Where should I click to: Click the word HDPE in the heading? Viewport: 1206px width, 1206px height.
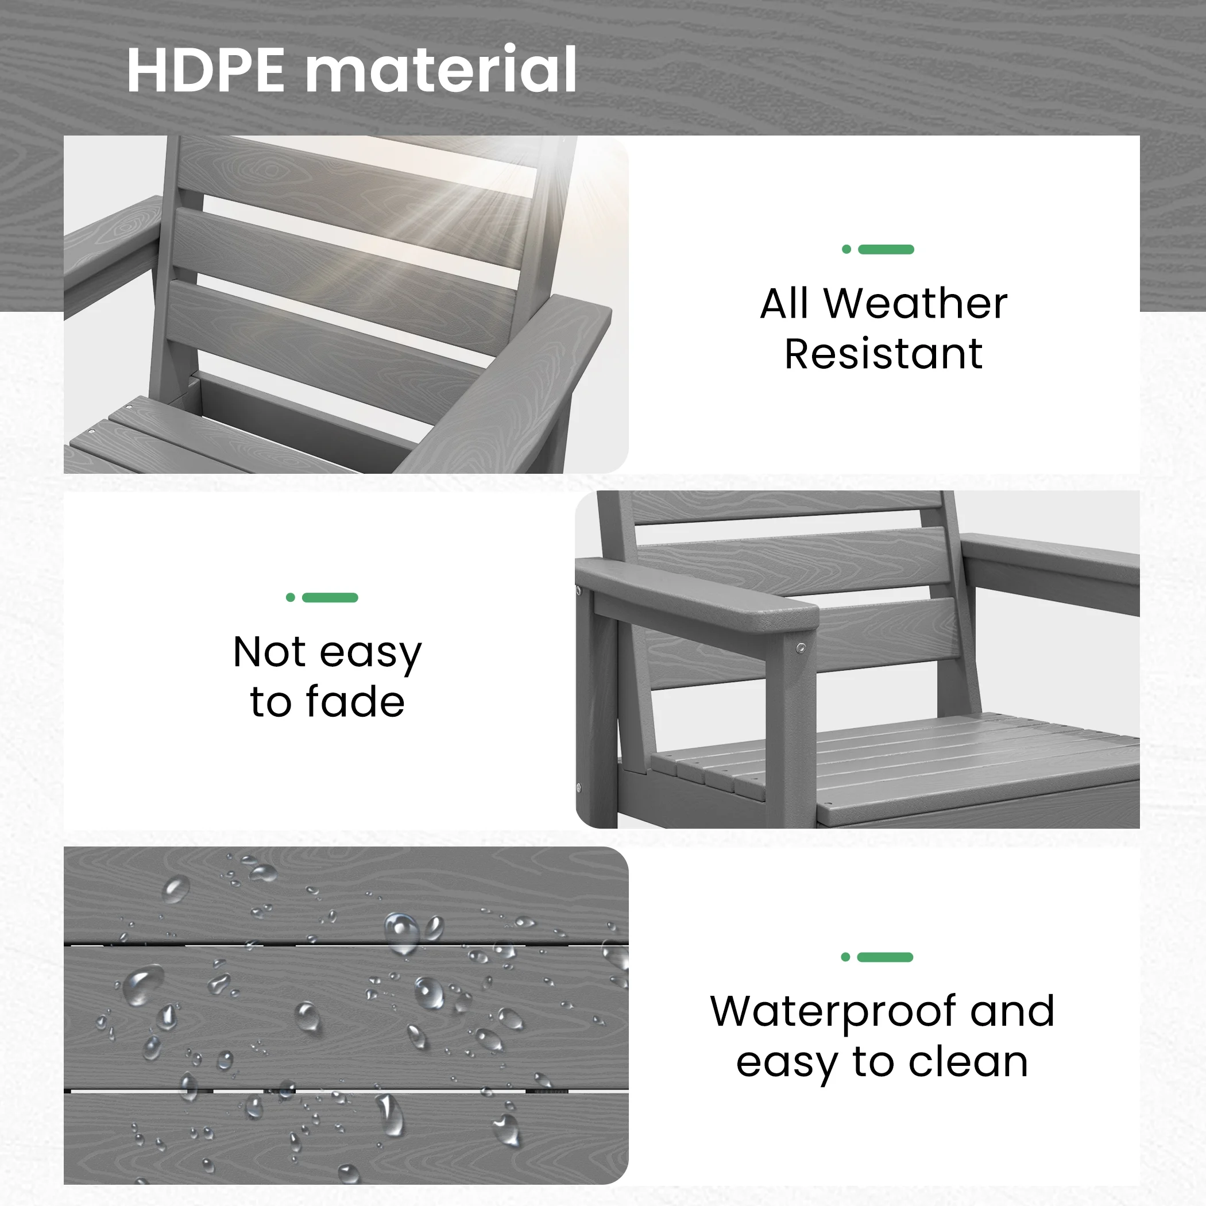click(206, 70)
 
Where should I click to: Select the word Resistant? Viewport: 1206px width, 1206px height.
click(883, 354)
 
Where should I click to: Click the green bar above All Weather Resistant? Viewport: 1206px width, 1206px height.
click(886, 250)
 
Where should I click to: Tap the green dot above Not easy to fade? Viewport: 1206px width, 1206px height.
click(290, 597)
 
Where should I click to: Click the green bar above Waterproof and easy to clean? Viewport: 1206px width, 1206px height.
click(885, 957)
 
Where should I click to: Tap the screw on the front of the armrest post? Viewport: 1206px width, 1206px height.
click(801, 648)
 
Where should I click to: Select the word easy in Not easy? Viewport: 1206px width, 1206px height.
click(371, 654)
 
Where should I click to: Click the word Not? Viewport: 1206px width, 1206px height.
click(269, 652)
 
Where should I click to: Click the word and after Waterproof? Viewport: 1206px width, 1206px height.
click(1012, 1011)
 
